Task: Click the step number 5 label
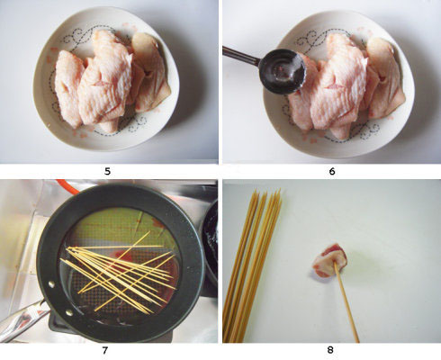tap(107, 171)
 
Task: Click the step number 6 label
tap(332, 171)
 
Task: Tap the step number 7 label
tap(104, 350)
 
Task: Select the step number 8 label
tap(330, 350)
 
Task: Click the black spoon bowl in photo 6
tap(282, 72)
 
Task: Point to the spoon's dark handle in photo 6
tap(240, 56)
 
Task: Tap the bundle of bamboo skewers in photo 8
tap(252, 265)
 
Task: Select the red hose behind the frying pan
tap(67, 186)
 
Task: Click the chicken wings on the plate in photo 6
tap(345, 87)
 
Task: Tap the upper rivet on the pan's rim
tap(51, 283)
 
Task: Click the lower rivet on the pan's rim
tap(69, 313)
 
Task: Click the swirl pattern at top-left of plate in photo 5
tap(75, 38)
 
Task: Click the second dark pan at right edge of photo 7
tap(211, 240)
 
